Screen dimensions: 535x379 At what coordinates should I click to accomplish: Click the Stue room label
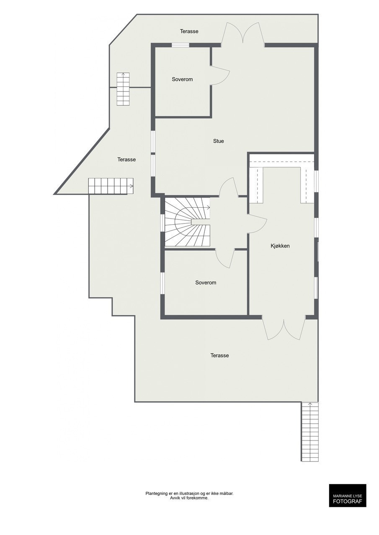click(218, 141)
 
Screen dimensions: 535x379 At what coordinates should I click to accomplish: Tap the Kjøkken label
click(280, 246)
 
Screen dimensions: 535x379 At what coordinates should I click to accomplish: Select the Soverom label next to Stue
click(182, 79)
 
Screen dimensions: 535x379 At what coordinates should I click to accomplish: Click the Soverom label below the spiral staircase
click(206, 283)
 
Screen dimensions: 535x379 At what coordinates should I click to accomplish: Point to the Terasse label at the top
click(189, 31)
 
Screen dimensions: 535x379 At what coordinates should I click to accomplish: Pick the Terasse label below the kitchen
click(219, 355)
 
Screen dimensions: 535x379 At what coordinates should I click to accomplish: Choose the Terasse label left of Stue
click(126, 159)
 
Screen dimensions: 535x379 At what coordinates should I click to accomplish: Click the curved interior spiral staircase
click(187, 223)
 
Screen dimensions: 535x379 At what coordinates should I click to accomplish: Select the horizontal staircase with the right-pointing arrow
click(111, 186)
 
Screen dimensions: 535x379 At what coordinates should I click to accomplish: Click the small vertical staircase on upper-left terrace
click(123, 89)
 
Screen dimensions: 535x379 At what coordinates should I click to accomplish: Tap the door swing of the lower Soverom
click(225, 258)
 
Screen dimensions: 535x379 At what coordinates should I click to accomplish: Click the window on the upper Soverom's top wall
click(180, 45)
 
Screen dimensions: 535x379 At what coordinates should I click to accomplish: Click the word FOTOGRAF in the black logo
click(347, 501)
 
